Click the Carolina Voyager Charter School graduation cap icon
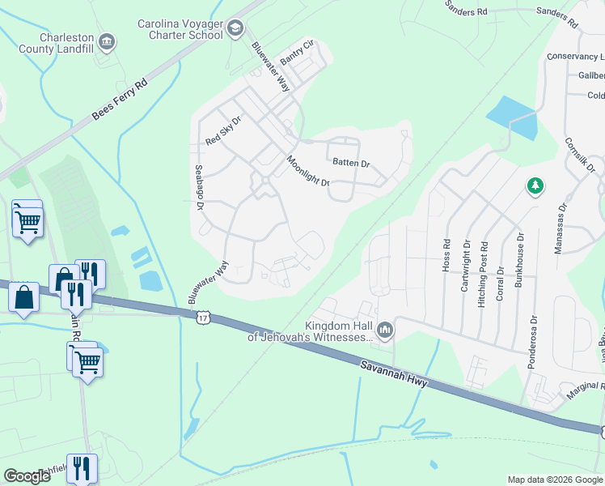click(235, 30)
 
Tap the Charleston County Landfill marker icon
click(106, 41)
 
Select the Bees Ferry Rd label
click(120, 100)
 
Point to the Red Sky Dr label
click(223, 130)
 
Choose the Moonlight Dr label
click(308, 171)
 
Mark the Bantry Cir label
click(296, 53)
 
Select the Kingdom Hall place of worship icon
click(385, 330)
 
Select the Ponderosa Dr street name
click(531, 343)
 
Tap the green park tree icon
click(534, 187)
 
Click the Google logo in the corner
click(27, 476)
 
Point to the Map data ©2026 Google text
click(555, 480)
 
